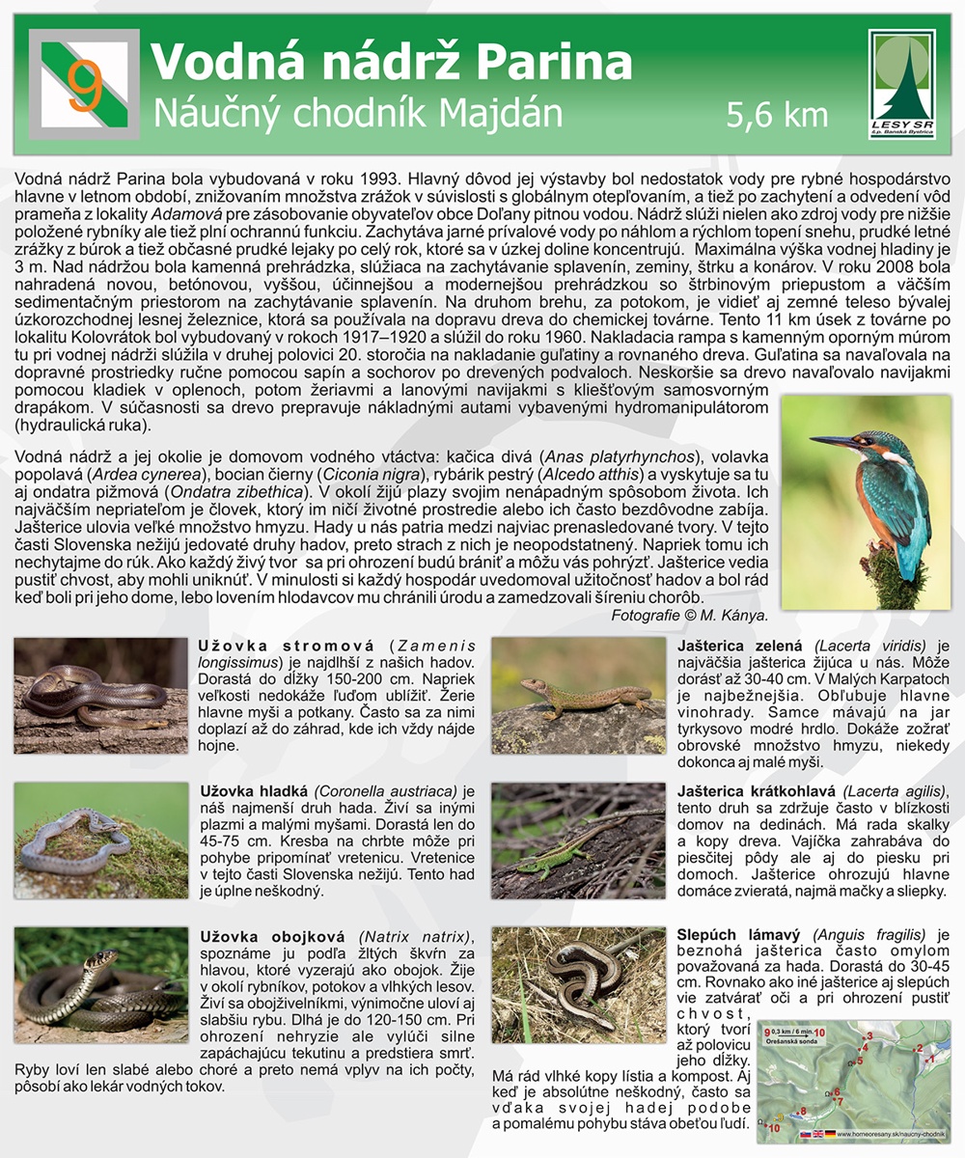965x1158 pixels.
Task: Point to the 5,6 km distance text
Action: pos(777,115)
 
